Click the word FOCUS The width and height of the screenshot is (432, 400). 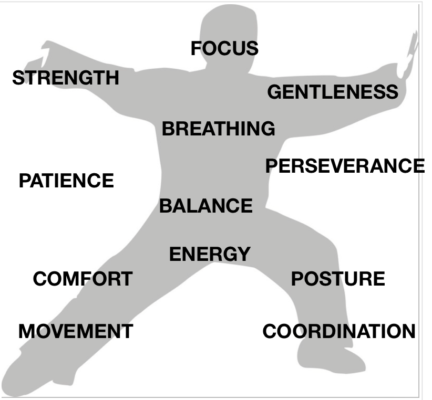pyautogui.click(x=224, y=49)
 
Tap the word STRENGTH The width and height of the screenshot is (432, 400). pyautogui.click(x=66, y=78)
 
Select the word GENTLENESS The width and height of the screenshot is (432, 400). pyautogui.click(x=333, y=92)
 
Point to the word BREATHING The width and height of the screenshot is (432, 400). pyautogui.click(x=218, y=129)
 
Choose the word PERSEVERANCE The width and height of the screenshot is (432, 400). pyautogui.click(x=345, y=166)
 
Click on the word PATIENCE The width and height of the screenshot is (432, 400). pyautogui.click(x=66, y=181)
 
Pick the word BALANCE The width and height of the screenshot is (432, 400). pyautogui.click(x=206, y=206)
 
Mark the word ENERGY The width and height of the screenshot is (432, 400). pyautogui.click(x=210, y=255)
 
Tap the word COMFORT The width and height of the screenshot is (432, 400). pyautogui.click(x=83, y=279)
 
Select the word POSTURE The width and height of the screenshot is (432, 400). pyautogui.click(x=338, y=279)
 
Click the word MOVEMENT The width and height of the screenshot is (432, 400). pyautogui.click(x=76, y=332)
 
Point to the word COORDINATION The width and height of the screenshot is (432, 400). pyautogui.click(x=339, y=332)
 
